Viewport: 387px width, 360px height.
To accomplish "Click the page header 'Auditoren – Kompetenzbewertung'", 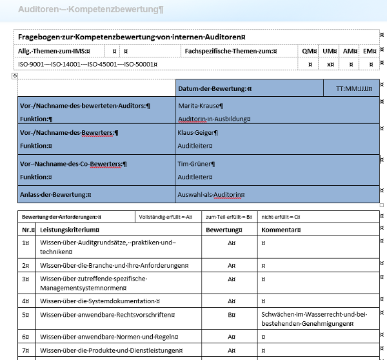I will pos(90,10).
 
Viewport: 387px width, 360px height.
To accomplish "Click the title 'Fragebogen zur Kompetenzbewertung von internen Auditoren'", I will pos(135,37).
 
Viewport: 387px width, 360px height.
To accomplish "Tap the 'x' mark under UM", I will pos(330,65).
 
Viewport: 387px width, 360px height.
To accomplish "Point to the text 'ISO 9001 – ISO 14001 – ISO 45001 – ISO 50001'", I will pos(88,65).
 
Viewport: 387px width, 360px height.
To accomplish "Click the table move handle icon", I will pos(14,76).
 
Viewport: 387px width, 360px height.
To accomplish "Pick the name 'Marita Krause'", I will pos(200,106).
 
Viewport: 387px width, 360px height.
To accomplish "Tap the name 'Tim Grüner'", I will pos(195,164).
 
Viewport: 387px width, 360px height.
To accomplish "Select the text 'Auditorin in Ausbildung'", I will pos(214,119).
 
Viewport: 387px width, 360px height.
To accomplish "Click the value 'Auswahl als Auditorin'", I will pos(211,194).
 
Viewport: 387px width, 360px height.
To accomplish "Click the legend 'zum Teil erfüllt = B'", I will pos(229,217).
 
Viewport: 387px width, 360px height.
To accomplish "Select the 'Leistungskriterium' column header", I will pos(70,230).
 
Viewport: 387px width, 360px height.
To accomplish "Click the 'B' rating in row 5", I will pos(230,315).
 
